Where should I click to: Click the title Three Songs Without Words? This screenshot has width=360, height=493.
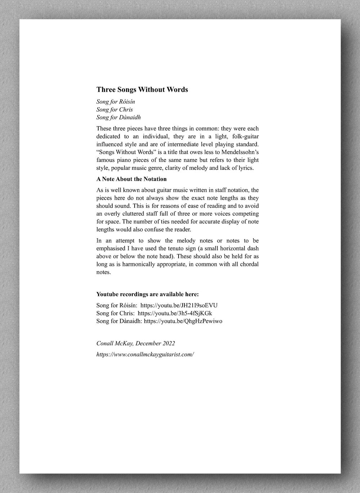coord(142,90)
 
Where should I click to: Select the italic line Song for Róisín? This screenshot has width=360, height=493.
coord(116,102)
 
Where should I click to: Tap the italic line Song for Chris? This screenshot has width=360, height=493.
coord(114,109)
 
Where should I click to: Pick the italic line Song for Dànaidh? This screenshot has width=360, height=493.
coord(118,117)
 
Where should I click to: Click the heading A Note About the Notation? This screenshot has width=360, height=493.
coord(131,179)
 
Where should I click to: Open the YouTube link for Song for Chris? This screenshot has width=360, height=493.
coord(177,313)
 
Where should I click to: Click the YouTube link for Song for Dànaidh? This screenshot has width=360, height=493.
coord(183,321)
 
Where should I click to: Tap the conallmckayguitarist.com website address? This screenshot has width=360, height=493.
coord(145,354)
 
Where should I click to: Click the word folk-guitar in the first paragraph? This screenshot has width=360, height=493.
coord(245,136)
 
